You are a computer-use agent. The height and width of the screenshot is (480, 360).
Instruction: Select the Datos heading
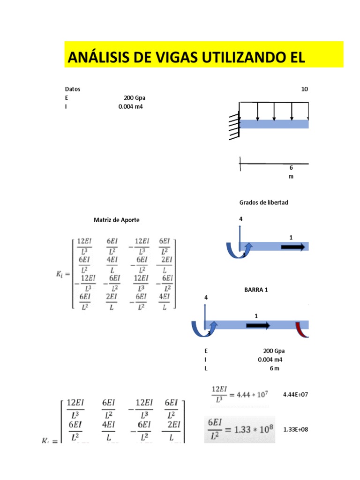point(73,89)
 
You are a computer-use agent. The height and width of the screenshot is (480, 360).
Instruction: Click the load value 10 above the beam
point(305,89)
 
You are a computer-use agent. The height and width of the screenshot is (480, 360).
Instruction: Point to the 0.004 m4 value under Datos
point(130,107)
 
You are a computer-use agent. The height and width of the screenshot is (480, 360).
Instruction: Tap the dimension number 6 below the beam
point(291,167)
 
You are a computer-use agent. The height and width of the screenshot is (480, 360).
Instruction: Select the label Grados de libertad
point(264,202)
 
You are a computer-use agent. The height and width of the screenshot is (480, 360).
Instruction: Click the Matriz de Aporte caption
point(117,220)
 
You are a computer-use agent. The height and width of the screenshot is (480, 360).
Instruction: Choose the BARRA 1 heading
point(256,290)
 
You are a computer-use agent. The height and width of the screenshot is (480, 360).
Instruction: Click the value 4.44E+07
point(296,395)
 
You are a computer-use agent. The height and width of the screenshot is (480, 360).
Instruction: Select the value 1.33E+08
point(296,429)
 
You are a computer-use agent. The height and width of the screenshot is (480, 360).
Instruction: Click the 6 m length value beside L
point(274,368)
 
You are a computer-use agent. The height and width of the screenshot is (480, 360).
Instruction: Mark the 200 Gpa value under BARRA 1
point(274,351)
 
